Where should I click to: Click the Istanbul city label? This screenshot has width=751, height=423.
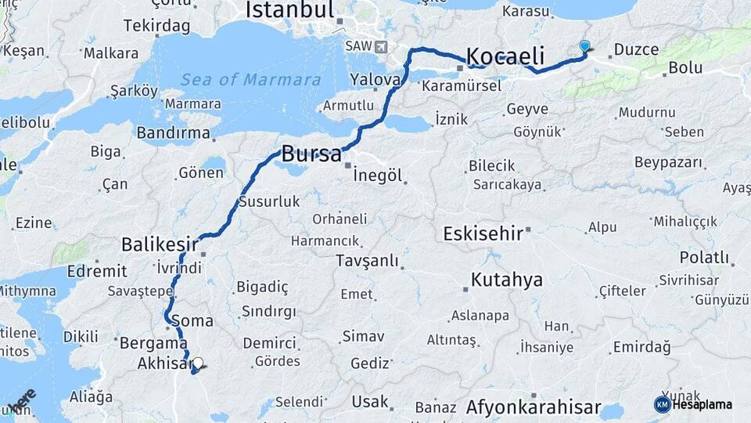coord(289,9)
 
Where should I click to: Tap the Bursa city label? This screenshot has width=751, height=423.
coord(311,153)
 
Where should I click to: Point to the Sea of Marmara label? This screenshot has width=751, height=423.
coord(250,80)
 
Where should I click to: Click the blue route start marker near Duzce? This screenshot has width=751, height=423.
coord(584,47)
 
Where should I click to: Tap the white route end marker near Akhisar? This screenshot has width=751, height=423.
coord(198,363)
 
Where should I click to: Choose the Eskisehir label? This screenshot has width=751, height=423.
coord(482,233)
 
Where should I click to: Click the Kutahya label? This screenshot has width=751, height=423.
coord(506,280)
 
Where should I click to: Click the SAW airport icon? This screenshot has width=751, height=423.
coord(381,46)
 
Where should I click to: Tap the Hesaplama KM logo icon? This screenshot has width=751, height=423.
coord(662,404)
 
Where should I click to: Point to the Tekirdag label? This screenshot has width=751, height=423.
coord(156,26)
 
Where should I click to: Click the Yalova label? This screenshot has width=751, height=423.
coord(375,79)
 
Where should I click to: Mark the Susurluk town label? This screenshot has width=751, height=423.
coord(269,202)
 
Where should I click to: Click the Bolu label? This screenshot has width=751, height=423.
coord(685,68)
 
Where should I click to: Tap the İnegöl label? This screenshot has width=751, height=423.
coord(378,175)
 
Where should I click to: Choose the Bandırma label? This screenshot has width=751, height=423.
coord(174,132)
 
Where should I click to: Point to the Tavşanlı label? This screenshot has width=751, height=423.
coord(367,261)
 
